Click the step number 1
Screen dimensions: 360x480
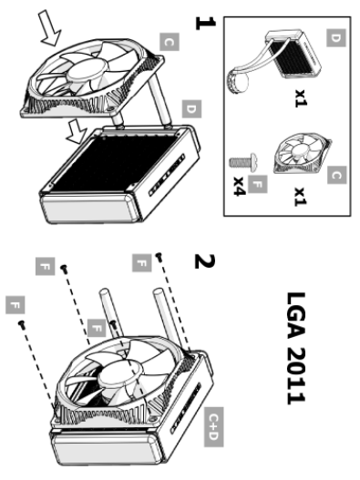(x=205, y=24)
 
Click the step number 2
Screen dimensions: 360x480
(x=205, y=261)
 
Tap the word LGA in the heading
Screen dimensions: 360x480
(x=296, y=316)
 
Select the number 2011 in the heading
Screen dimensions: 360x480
(x=296, y=376)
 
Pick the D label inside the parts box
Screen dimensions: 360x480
(x=336, y=38)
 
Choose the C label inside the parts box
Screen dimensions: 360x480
(x=336, y=175)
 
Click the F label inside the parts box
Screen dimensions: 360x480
(x=258, y=184)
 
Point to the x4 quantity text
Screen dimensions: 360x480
(x=240, y=186)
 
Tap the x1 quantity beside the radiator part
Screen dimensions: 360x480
(x=301, y=98)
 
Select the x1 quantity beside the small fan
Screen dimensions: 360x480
(x=301, y=197)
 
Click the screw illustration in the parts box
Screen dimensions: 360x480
(x=244, y=161)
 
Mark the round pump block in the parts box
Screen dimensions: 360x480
(x=239, y=79)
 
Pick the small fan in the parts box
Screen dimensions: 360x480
(x=303, y=153)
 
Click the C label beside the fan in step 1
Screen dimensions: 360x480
(x=170, y=42)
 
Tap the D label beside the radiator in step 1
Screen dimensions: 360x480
(x=191, y=108)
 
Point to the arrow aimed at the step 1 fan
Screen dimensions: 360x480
(x=49, y=28)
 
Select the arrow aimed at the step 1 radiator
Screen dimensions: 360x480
(x=77, y=131)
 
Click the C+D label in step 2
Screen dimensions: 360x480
(x=214, y=427)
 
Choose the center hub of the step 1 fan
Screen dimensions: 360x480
(x=87, y=69)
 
